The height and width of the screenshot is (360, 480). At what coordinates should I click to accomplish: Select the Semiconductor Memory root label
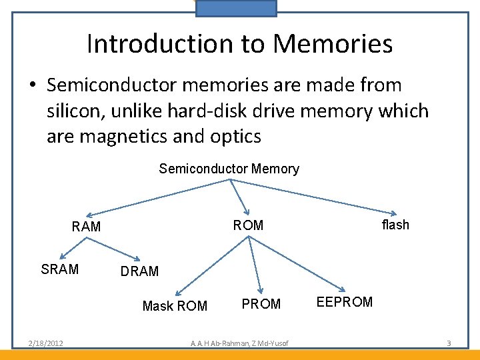point(229,169)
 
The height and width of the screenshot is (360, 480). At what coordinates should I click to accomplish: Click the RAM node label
point(86,227)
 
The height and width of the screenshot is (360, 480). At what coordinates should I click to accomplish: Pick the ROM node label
point(248,225)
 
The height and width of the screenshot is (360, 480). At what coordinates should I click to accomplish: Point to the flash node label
point(395,225)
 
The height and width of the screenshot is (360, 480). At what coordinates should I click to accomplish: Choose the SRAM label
point(60,269)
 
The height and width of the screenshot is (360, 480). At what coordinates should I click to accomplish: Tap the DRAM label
point(139,271)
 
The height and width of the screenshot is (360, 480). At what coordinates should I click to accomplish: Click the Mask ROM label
point(175,306)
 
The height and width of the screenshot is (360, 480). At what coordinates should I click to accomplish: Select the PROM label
point(261,304)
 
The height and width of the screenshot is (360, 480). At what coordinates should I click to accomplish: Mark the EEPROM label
point(345,302)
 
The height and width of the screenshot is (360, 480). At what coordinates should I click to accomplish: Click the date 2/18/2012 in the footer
point(45,343)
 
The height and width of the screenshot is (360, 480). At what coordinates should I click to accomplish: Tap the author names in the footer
point(239,343)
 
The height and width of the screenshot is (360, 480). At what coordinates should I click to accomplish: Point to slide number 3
point(449,343)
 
